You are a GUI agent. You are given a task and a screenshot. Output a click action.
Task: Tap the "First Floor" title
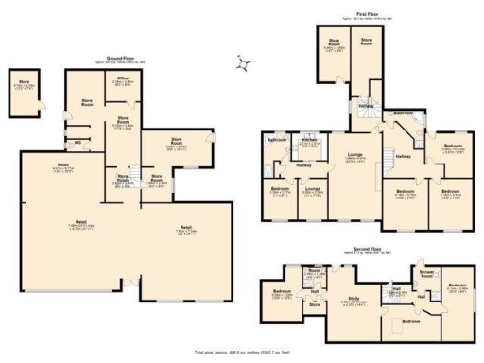(369, 13)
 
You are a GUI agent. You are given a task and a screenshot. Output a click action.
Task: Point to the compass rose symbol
(245, 65)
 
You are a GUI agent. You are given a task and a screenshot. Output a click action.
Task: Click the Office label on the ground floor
(122, 79)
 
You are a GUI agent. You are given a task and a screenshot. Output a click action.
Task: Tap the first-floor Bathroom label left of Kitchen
(276, 140)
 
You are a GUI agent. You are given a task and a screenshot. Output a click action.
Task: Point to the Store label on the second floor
(314, 304)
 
